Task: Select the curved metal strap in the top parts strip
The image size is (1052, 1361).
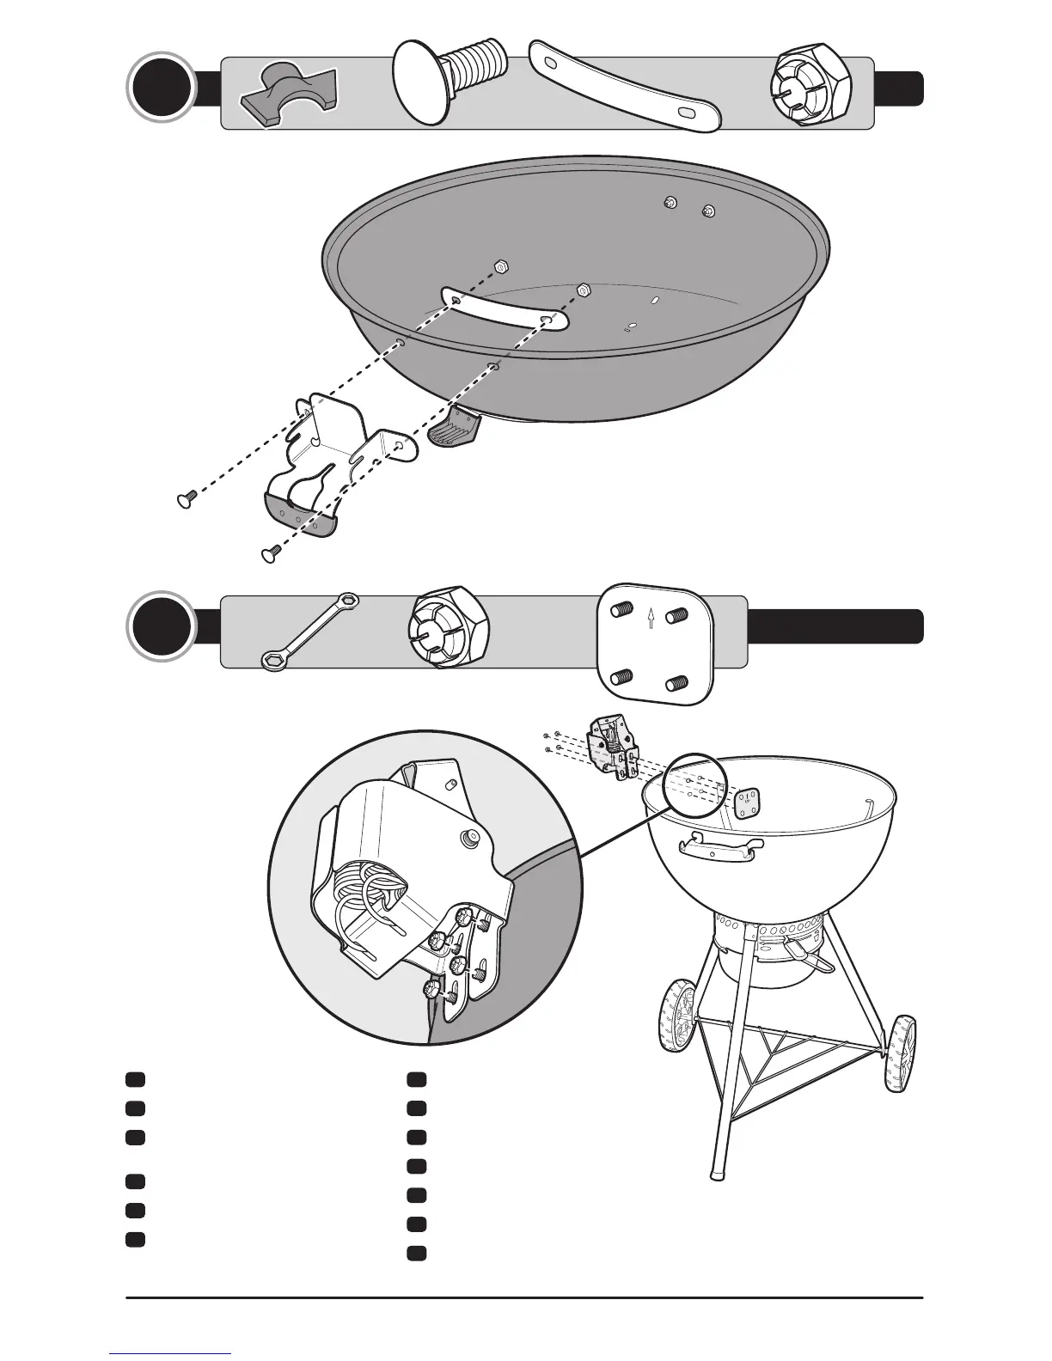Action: click(625, 86)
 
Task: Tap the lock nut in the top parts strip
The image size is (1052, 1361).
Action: click(810, 86)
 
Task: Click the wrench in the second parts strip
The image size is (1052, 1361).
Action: click(309, 631)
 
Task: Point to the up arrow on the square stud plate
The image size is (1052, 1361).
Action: click(651, 617)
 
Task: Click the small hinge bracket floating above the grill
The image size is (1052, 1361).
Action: click(612, 747)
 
